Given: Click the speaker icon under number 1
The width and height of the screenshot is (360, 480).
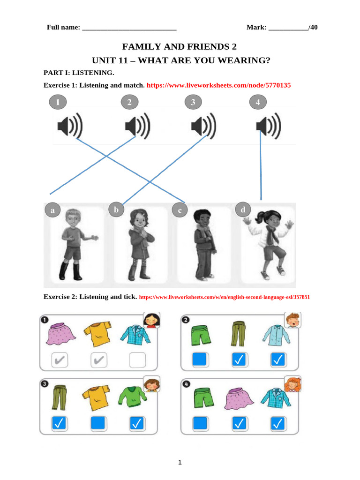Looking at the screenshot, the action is coord(70,126).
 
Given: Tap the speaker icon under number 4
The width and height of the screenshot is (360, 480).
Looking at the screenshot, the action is coord(269,126).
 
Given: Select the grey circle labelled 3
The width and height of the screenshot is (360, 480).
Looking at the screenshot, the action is coord(193,102).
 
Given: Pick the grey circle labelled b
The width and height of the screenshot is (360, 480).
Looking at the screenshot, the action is coord(116,210).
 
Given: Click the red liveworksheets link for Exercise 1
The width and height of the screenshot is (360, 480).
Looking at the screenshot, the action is coord(218,85).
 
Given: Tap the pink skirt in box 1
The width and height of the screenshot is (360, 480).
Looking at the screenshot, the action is coord(60,334).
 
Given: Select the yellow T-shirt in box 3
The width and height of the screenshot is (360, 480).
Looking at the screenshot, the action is coord(96,398).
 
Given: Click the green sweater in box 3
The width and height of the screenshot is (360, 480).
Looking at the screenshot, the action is coord(133,397).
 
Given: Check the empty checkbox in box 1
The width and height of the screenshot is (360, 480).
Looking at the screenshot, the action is coord(137,360).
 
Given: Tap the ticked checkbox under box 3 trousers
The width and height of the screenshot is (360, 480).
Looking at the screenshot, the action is coord(59,423).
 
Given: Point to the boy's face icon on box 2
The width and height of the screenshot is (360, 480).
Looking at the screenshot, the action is coord(292,320).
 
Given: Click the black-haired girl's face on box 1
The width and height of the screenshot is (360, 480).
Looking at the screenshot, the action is coord(152,320).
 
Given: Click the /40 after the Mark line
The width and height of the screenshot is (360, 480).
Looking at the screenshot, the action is coord(313,27).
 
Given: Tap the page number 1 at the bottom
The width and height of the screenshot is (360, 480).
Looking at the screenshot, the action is coord(180,462).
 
